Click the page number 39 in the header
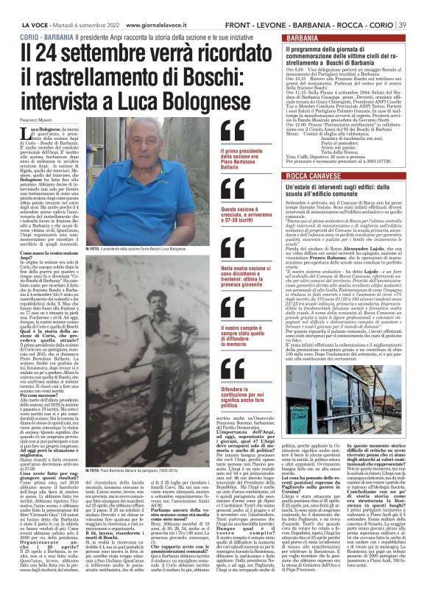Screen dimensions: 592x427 click(416, 7)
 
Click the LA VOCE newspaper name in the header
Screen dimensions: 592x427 click(18, 7)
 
